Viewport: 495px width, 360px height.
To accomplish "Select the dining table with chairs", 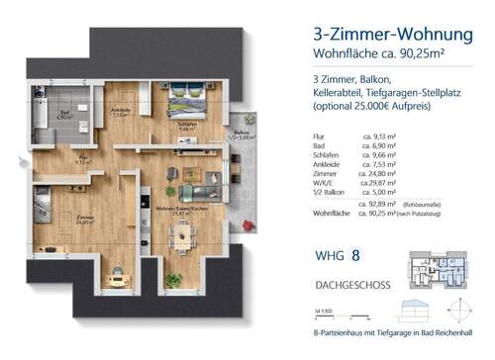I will point(183,233).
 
